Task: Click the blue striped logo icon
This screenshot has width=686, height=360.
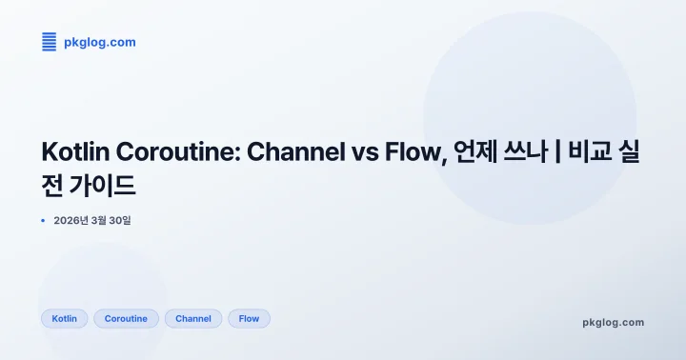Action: (x=50, y=42)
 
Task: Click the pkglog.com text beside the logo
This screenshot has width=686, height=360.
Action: (x=100, y=42)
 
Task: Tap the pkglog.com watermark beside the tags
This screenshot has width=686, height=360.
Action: (x=613, y=322)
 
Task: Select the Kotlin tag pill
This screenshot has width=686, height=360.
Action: (x=65, y=319)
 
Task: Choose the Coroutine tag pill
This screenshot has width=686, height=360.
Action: (x=126, y=319)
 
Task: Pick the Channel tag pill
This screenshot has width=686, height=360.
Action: (x=193, y=319)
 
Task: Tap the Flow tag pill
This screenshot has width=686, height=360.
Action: (x=249, y=319)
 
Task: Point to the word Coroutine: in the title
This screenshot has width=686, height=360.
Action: (x=179, y=151)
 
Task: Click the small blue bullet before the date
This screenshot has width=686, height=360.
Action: (x=44, y=221)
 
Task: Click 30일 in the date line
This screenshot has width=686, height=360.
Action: (x=119, y=221)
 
